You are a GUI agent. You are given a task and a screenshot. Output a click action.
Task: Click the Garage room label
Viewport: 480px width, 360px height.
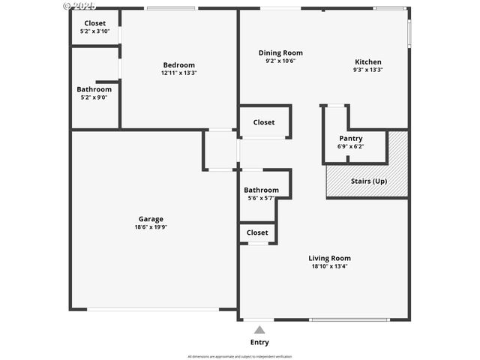151,219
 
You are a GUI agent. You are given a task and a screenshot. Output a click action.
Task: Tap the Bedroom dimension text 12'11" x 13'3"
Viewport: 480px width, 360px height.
178,73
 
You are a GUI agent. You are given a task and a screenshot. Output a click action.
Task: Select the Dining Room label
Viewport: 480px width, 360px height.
280,52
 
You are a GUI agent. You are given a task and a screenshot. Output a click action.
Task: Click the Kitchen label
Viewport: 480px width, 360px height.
368,61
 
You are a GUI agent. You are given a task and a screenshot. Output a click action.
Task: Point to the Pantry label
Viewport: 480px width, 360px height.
350,138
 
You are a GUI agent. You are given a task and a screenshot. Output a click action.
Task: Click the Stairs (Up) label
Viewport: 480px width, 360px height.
369,181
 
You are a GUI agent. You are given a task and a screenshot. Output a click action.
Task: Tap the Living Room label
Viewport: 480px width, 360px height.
329,258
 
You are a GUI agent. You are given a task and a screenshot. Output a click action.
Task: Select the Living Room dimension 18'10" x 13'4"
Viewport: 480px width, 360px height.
329,266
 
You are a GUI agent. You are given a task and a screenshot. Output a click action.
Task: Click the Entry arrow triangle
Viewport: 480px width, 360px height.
259,329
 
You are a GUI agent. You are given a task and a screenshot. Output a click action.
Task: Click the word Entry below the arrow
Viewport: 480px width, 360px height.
259,343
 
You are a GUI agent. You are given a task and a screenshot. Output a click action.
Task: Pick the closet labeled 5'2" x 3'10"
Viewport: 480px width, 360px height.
94,27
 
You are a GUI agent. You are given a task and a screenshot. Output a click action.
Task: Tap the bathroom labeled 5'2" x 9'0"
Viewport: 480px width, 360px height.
94,93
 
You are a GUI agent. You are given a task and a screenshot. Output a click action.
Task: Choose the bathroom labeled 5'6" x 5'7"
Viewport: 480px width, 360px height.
261,193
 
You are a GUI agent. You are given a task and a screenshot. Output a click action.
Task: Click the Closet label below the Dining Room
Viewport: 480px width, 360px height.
263,122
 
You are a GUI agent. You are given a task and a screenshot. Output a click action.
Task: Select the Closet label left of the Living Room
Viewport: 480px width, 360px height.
257,232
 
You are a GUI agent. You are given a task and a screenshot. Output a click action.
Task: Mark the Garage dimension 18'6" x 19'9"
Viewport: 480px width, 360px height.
151,227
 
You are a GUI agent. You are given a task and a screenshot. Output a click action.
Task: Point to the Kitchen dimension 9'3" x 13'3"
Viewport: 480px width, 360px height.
368,70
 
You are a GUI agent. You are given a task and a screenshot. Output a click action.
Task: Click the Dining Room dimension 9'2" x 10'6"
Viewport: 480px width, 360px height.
280,61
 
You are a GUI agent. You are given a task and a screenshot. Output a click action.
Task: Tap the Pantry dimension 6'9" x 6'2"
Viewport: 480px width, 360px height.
350,146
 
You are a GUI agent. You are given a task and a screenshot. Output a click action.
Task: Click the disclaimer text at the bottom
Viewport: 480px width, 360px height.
240,356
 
